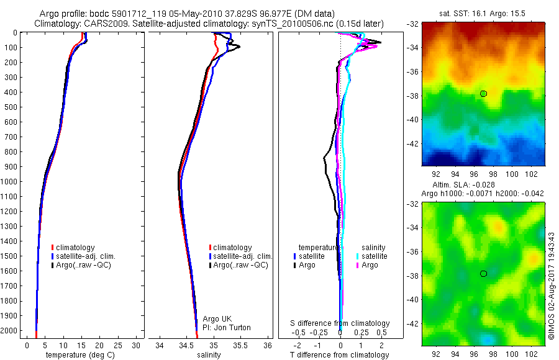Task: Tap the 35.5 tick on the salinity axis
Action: pos(240,344)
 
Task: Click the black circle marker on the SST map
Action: pos(483,94)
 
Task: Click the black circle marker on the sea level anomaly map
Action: pos(483,274)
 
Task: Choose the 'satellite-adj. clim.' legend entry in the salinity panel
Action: pos(242,256)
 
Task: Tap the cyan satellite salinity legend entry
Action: pos(373,256)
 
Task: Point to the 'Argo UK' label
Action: pos(217,319)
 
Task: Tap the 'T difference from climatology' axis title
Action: pos(340,355)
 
